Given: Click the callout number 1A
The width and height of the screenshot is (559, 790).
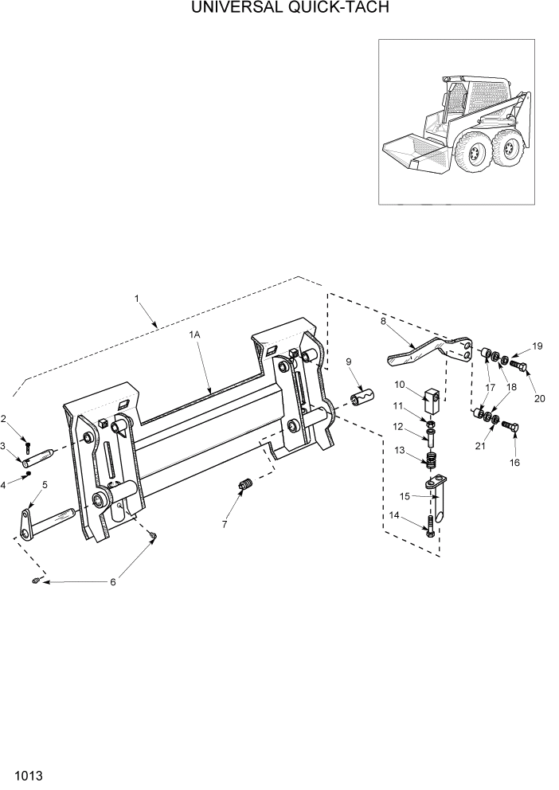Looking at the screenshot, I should click(x=194, y=336).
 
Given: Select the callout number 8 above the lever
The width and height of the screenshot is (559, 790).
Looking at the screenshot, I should click(x=383, y=321).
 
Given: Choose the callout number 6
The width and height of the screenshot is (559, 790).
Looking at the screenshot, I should click(x=112, y=582).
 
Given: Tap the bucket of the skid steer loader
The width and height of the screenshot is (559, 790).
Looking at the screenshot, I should click(x=414, y=155).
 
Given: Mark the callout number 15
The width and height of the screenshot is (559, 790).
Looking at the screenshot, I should click(x=405, y=496).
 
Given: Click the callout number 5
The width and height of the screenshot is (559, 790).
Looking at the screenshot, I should click(x=45, y=484).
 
